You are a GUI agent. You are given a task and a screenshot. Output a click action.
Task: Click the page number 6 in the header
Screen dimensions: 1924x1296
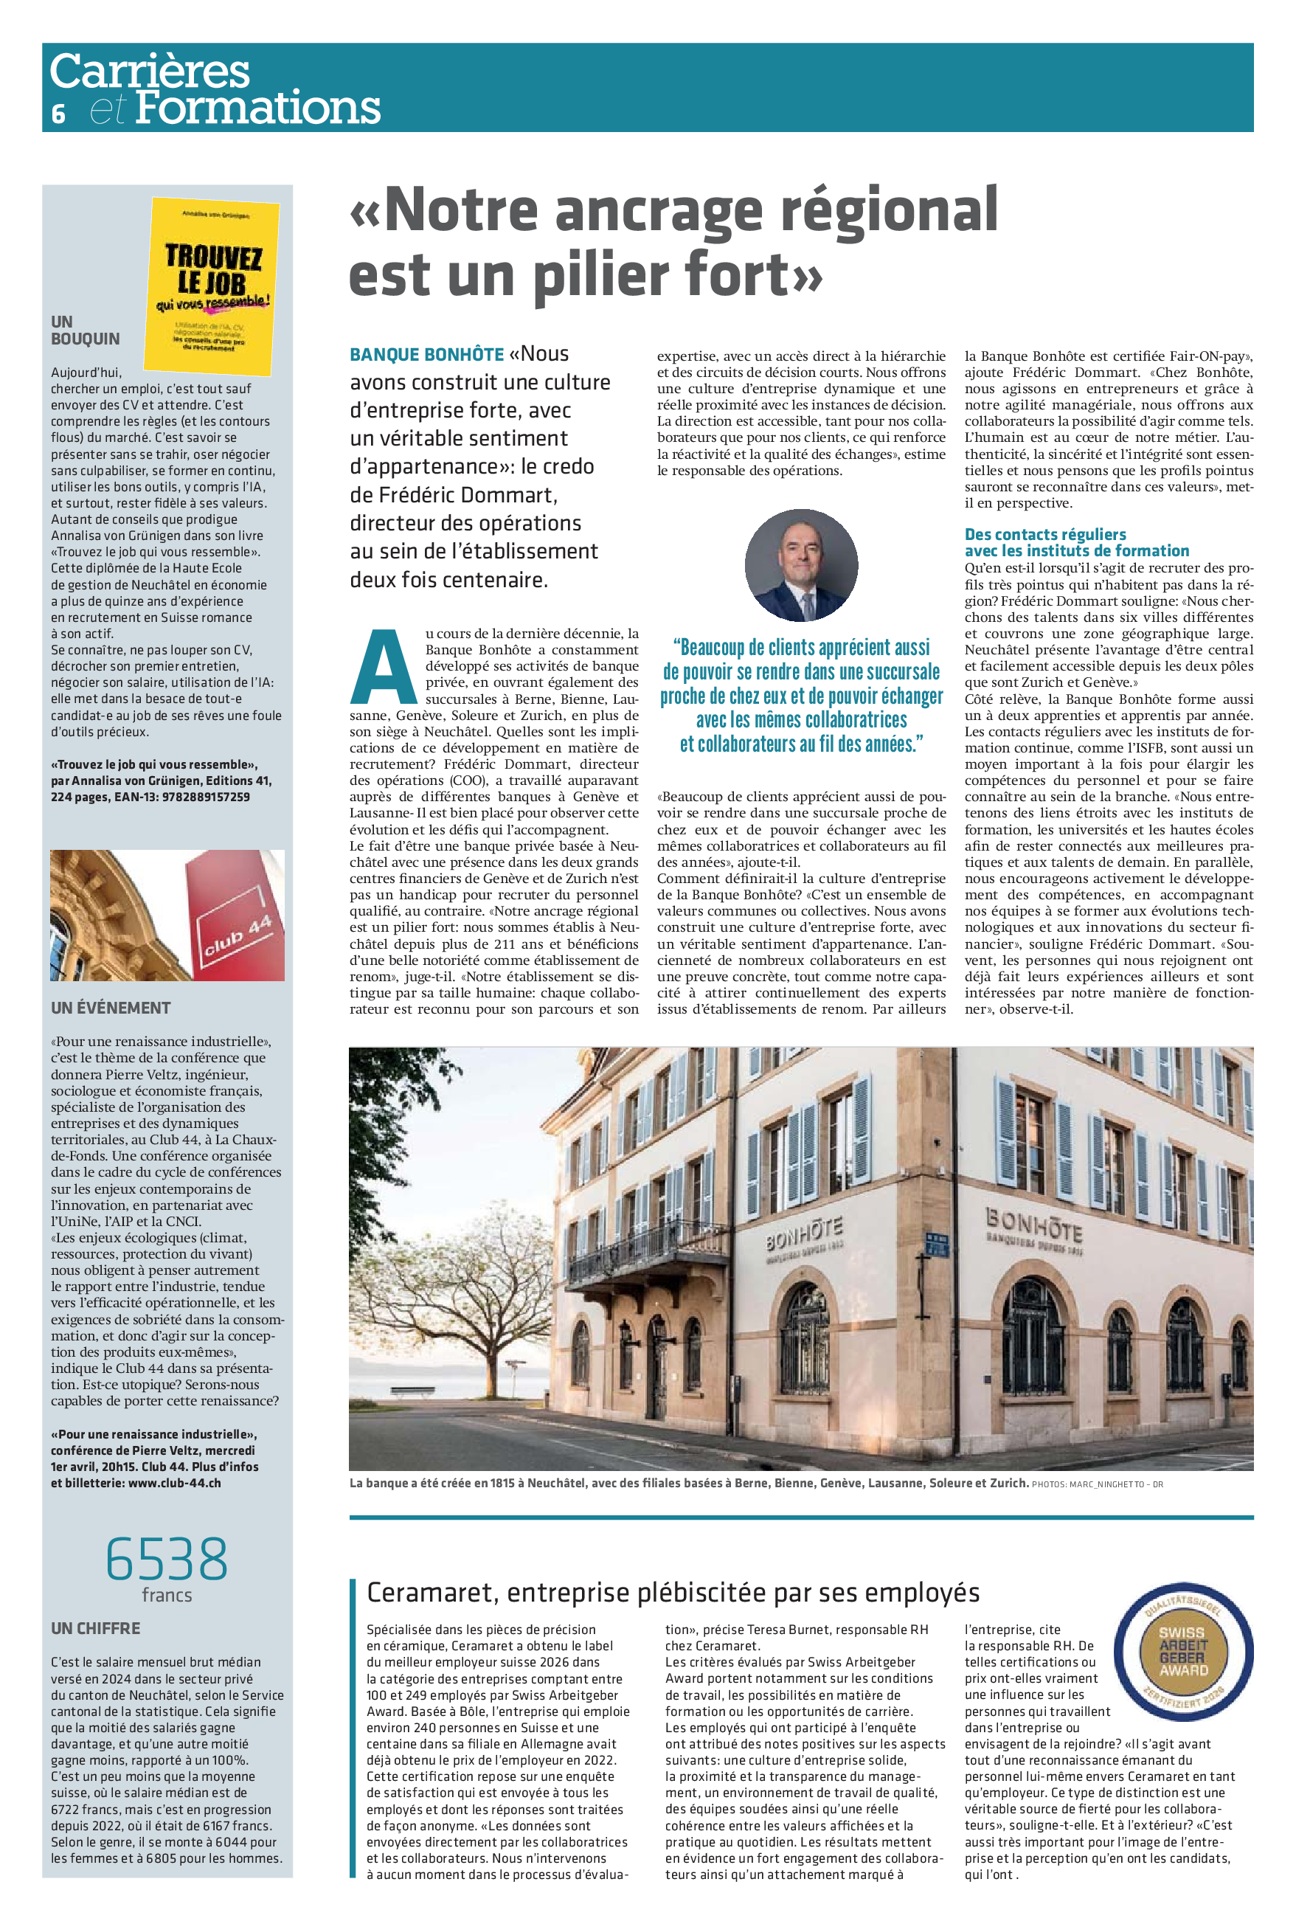[58, 113]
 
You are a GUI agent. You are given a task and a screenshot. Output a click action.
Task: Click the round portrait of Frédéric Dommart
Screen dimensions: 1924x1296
[801, 565]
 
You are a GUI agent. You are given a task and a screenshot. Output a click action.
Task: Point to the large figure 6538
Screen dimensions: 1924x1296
[167, 1559]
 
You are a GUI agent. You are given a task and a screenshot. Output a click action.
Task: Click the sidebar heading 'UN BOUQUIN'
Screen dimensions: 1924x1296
[85, 331]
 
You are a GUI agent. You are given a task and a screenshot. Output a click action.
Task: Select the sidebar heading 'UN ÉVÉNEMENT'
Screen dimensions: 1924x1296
[111, 1008]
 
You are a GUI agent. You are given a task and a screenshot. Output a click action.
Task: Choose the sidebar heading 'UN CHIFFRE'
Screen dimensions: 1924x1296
[96, 1628]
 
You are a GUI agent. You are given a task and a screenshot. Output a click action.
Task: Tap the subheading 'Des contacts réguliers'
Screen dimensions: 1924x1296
[1044, 535]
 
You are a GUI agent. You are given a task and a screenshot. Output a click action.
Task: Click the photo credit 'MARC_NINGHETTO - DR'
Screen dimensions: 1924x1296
[1116, 1484]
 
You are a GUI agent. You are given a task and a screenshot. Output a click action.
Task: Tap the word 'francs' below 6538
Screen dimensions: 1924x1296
[167, 1595]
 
